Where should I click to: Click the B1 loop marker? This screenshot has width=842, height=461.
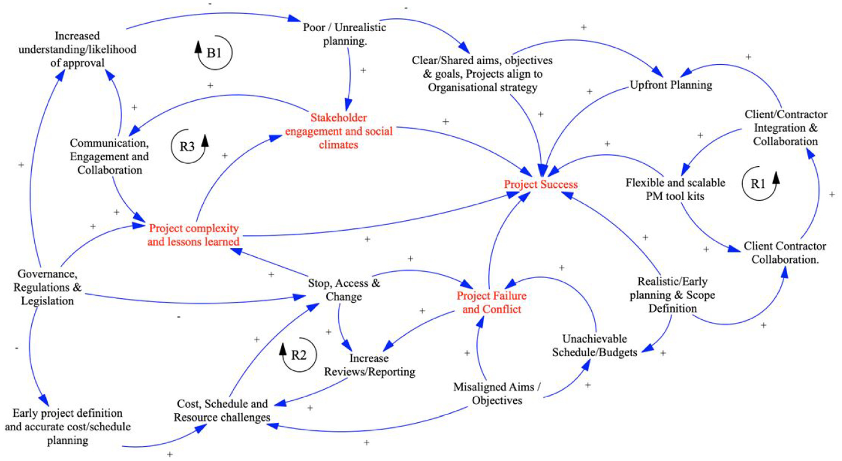click(214, 52)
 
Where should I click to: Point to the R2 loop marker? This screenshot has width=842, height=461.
click(298, 355)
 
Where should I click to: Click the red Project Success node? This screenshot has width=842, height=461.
click(541, 184)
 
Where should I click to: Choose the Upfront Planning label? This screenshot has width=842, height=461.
click(671, 85)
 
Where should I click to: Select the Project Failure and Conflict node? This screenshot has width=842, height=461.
click(491, 303)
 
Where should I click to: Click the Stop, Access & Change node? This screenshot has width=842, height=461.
click(344, 290)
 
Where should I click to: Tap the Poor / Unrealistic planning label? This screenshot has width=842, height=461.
click(344, 34)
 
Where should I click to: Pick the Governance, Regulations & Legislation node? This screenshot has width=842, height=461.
click(47, 287)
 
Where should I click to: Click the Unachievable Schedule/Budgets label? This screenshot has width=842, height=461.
click(594, 346)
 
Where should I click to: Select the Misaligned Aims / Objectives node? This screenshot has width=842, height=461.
click(497, 394)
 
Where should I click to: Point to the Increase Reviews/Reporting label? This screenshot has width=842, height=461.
click(369, 365)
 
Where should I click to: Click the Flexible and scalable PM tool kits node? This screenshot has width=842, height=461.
click(675, 190)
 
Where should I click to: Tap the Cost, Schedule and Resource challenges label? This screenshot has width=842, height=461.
click(222, 410)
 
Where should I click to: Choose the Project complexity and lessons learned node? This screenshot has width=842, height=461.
click(193, 235)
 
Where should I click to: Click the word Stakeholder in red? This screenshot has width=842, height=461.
click(339, 118)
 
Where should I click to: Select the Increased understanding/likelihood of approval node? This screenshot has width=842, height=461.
click(77, 49)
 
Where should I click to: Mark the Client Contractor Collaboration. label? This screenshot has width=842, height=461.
click(785, 253)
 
